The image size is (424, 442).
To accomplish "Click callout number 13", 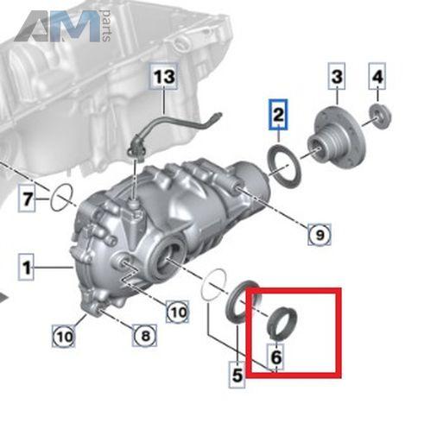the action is [164, 77].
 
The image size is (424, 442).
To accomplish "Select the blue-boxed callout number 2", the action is [278, 115].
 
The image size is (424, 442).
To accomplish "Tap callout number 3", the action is [337, 76].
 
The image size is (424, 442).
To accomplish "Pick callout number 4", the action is [377, 76].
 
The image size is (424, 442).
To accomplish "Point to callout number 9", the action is [320, 235].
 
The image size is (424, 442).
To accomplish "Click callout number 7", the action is [27, 199].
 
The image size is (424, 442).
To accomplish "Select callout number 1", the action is [27, 267].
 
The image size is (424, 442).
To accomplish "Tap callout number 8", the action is [145, 335].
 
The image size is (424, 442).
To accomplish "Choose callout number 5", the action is [237, 375].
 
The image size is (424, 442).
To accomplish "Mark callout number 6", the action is [276, 357].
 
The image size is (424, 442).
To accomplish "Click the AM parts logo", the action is [62, 26].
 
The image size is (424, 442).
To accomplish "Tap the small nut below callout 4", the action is [380, 116].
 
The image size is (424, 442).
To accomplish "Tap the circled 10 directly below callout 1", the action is [64, 336].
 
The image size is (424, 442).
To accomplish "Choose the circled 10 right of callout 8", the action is [178, 312].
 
